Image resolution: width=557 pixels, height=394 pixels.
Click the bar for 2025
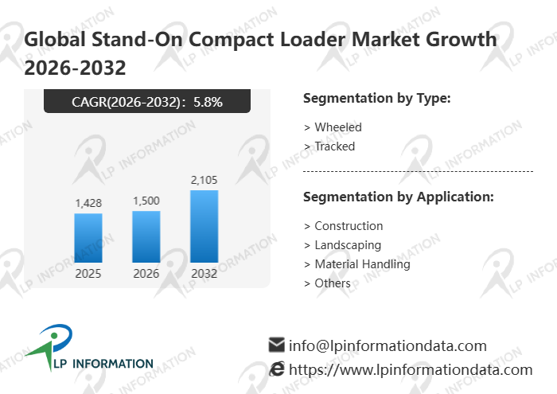88,237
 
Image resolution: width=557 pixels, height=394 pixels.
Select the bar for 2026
146,236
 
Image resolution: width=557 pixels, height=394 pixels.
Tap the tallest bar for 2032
204,226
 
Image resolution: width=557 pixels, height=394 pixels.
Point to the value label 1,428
88,204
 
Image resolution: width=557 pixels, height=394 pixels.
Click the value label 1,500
146,201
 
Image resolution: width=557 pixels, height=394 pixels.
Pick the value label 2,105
204,181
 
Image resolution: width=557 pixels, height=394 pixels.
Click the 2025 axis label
88,274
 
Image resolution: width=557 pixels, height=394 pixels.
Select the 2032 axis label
204,274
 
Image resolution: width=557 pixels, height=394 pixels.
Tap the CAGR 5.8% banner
147,101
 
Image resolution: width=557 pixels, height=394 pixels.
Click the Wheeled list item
337,127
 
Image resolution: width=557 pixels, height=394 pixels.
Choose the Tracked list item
334,146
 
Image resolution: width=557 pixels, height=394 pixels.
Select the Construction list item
349,226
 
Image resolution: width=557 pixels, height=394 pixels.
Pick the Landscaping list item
348,245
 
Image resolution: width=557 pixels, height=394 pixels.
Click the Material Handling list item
362,264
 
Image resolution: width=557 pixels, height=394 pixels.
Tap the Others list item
332,283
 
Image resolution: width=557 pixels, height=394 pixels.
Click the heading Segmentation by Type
377,99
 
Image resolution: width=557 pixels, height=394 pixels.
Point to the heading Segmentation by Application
399,197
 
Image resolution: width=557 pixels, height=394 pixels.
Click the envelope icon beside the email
277,345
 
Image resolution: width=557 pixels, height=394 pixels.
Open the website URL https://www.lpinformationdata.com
410,369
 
